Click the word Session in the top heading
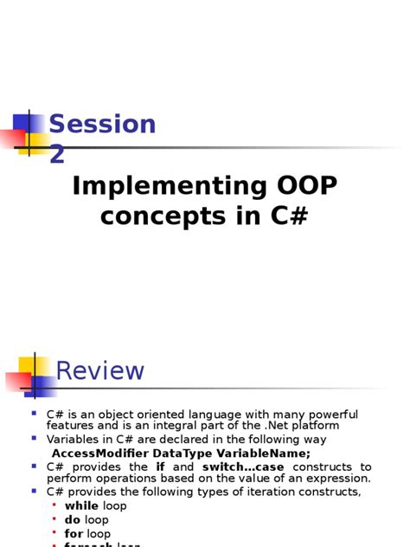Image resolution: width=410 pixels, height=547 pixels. pyautogui.click(x=102, y=125)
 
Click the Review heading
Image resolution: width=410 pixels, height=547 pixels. pyautogui.click(x=100, y=370)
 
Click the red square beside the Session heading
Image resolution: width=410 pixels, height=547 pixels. pyautogui.click(x=13, y=137)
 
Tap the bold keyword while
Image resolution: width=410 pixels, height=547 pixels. pyautogui.click(x=82, y=505)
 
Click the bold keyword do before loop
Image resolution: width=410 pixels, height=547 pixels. pyautogui.click(x=74, y=519)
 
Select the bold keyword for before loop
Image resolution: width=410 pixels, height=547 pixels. pyautogui.click(x=74, y=533)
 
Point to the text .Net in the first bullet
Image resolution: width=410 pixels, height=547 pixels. pyautogui.click(x=275, y=425)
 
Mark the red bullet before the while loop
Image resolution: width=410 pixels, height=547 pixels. pyautogui.click(x=54, y=505)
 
